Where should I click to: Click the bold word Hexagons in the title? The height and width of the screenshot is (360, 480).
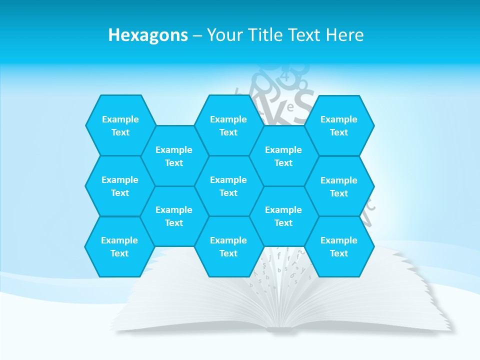[148, 35]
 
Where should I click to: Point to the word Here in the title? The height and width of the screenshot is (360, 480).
[344, 35]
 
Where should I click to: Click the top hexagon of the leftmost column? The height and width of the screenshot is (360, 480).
[120, 125]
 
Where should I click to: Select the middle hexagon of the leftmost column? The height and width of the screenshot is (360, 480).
[120, 186]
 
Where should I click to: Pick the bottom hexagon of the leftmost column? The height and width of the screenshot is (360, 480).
[119, 246]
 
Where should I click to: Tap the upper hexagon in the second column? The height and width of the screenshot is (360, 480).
[174, 156]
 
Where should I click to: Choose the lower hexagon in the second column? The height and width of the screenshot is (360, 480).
[174, 216]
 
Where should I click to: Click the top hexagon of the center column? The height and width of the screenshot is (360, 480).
[228, 125]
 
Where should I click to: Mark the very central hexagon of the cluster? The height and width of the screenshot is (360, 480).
[228, 186]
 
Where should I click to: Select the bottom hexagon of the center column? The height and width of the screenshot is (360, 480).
[228, 246]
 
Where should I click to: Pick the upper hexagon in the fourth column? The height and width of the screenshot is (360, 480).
[283, 156]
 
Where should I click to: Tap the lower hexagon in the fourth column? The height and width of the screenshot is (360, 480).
[283, 216]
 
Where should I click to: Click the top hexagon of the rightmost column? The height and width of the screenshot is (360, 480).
[339, 125]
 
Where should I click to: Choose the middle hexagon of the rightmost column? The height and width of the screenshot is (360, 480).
[339, 186]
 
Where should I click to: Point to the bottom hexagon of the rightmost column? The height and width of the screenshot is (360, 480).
[339, 246]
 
